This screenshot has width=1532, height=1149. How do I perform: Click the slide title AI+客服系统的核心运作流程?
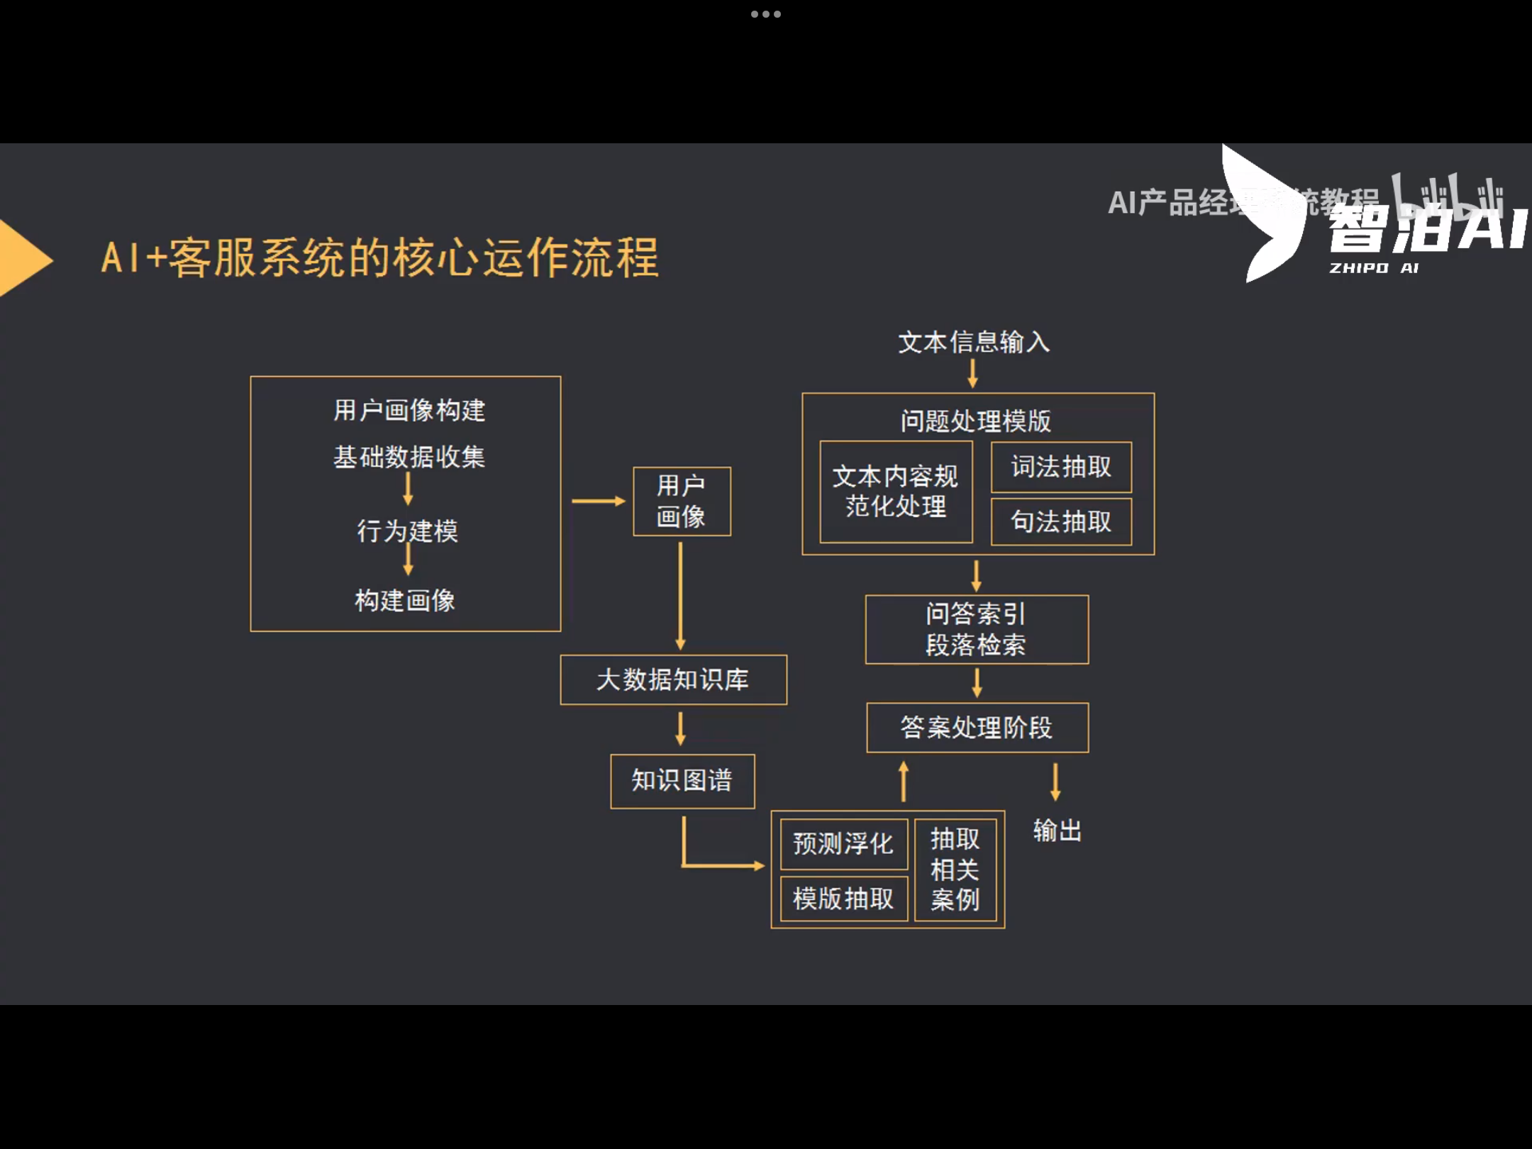(x=380, y=257)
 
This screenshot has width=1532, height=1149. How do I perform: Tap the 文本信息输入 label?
(x=973, y=343)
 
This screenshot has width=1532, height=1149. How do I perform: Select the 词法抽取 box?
(x=1061, y=467)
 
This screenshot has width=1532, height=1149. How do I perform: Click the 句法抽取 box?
(x=1061, y=522)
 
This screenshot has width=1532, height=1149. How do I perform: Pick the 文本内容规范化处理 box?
(x=896, y=492)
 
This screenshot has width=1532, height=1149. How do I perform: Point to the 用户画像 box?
(x=682, y=501)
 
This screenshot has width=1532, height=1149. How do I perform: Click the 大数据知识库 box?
(x=673, y=679)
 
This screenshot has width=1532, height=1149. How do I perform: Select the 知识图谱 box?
(x=682, y=781)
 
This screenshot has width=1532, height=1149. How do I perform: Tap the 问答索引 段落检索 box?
(x=977, y=629)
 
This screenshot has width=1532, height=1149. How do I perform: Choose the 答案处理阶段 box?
(x=977, y=728)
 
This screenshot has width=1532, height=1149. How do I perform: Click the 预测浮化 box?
(x=843, y=844)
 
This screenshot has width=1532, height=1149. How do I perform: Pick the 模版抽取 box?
(x=843, y=899)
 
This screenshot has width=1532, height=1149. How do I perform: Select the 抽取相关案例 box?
(x=955, y=870)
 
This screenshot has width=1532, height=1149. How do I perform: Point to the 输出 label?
(x=1057, y=831)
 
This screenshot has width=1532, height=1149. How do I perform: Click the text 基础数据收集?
(x=409, y=457)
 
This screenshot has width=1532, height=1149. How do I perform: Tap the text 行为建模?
(x=408, y=531)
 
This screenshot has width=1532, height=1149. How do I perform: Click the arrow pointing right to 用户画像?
(x=598, y=501)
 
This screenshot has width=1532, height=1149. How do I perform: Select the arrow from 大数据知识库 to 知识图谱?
(x=680, y=729)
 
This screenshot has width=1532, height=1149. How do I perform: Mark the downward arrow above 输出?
(x=1055, y=782)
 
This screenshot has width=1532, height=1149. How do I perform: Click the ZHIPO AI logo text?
(x=1373, y=268)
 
